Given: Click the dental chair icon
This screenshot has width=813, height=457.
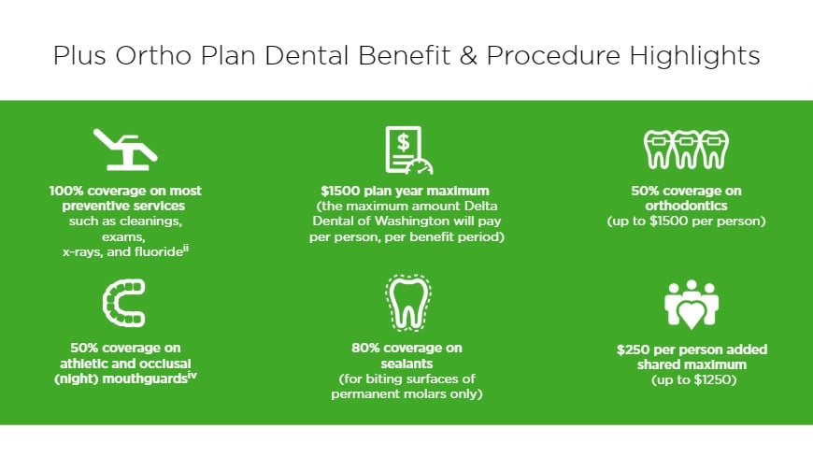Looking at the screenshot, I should (x=125, y=150).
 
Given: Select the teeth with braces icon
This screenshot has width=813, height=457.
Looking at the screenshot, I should (x=686, y=148).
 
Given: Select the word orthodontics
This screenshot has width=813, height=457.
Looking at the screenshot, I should (x=687, y=207).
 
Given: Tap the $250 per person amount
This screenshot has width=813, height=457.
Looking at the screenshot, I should (x=635, y=350).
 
